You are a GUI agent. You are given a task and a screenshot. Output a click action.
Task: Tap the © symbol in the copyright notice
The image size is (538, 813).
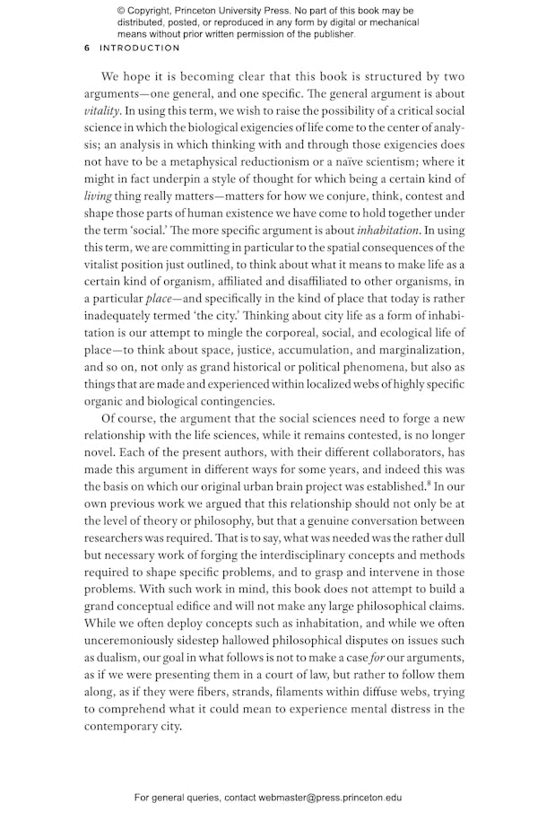[x=121, y=11]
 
